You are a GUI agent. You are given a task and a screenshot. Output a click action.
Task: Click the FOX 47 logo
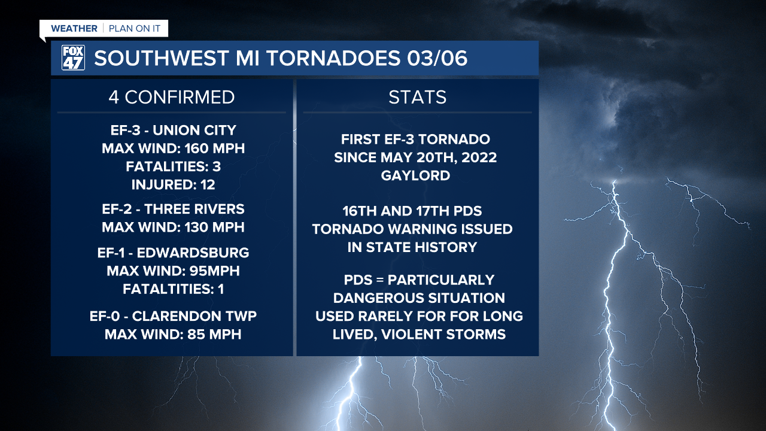coord(73,58)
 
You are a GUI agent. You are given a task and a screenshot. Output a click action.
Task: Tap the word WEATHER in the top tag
coord(74,29)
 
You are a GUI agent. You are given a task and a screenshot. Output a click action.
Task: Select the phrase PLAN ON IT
coord(134,29)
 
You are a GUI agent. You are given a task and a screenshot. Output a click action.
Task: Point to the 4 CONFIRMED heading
coord(172,97)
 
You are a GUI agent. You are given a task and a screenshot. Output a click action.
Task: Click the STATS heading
coord(417,97)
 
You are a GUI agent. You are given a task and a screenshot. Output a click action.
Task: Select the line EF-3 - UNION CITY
coord(173,130)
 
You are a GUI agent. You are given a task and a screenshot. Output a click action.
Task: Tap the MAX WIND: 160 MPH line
coord(173,148)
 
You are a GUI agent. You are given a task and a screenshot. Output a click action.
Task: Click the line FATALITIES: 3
coord(173,166)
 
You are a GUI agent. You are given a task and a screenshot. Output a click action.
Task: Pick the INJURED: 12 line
coord(173,184)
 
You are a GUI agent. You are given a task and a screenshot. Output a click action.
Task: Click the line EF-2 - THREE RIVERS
coord(173,209)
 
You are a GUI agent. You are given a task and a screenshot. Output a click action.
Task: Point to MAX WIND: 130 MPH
coord(173,227)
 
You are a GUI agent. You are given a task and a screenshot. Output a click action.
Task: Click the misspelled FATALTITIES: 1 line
coord(173,289)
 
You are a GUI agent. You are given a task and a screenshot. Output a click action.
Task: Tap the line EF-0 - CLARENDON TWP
coord(173,316)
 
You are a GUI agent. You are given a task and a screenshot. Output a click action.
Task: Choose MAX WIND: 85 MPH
coord(173,334)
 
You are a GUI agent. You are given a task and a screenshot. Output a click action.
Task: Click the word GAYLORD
coord(415,176)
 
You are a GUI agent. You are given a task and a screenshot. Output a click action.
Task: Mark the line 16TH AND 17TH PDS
coord(412,211)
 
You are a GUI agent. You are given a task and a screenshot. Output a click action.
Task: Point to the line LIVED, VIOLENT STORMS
coord(419,334)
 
